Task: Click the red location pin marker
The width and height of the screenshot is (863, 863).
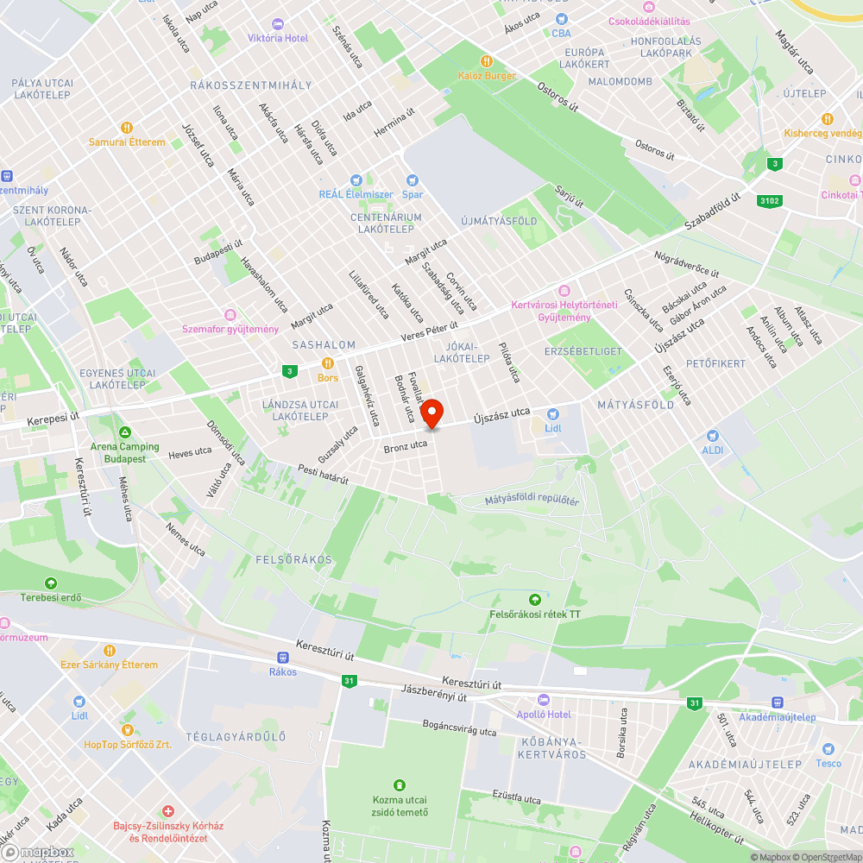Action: point(431,413)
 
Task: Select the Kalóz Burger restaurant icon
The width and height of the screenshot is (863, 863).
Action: point(487,61)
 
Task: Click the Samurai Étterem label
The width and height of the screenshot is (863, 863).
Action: point(127,142)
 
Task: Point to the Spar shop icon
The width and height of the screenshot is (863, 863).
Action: point(412,180)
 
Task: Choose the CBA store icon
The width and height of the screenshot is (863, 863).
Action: point(562,19)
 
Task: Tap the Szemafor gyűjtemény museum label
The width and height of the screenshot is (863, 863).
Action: point(230,329)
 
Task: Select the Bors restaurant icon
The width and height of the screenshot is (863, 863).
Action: point(327,363)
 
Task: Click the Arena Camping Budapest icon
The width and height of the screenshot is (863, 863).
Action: point(125,432)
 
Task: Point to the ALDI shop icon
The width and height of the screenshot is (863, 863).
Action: point(712,437)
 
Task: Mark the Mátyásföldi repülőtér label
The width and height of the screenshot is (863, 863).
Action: point(532,500)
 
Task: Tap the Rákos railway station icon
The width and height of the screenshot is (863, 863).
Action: point(282,658)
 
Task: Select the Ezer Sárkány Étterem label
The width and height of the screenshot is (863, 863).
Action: point(109,665)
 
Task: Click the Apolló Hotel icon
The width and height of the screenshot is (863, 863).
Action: point(543,700)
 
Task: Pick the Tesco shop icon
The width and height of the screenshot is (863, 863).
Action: point(828,749)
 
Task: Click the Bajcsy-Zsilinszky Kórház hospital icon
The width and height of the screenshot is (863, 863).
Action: point(168,812)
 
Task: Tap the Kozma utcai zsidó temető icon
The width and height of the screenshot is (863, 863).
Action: point(399,785)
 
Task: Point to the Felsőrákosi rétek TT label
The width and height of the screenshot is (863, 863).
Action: point(535,614)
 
